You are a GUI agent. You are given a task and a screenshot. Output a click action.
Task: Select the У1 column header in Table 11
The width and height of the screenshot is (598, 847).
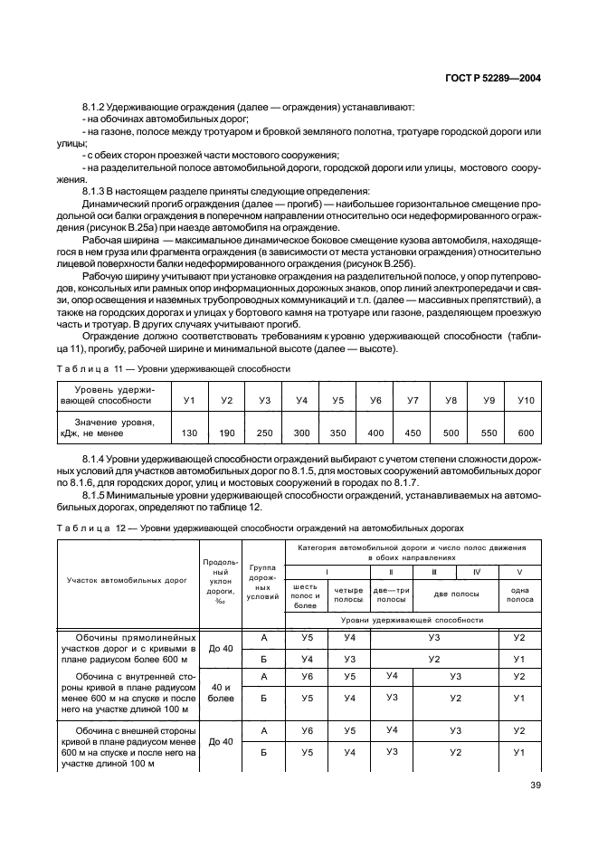189,399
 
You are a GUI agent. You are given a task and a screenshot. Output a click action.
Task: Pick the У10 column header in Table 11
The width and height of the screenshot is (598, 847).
526,399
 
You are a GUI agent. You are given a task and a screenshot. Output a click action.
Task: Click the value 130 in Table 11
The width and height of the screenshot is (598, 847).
189,433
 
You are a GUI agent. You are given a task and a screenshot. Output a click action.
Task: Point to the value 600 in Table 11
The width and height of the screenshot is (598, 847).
526,433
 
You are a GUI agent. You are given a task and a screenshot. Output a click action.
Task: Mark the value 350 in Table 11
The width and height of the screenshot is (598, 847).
338,433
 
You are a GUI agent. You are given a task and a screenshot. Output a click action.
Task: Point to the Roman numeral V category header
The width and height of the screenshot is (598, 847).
519,572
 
